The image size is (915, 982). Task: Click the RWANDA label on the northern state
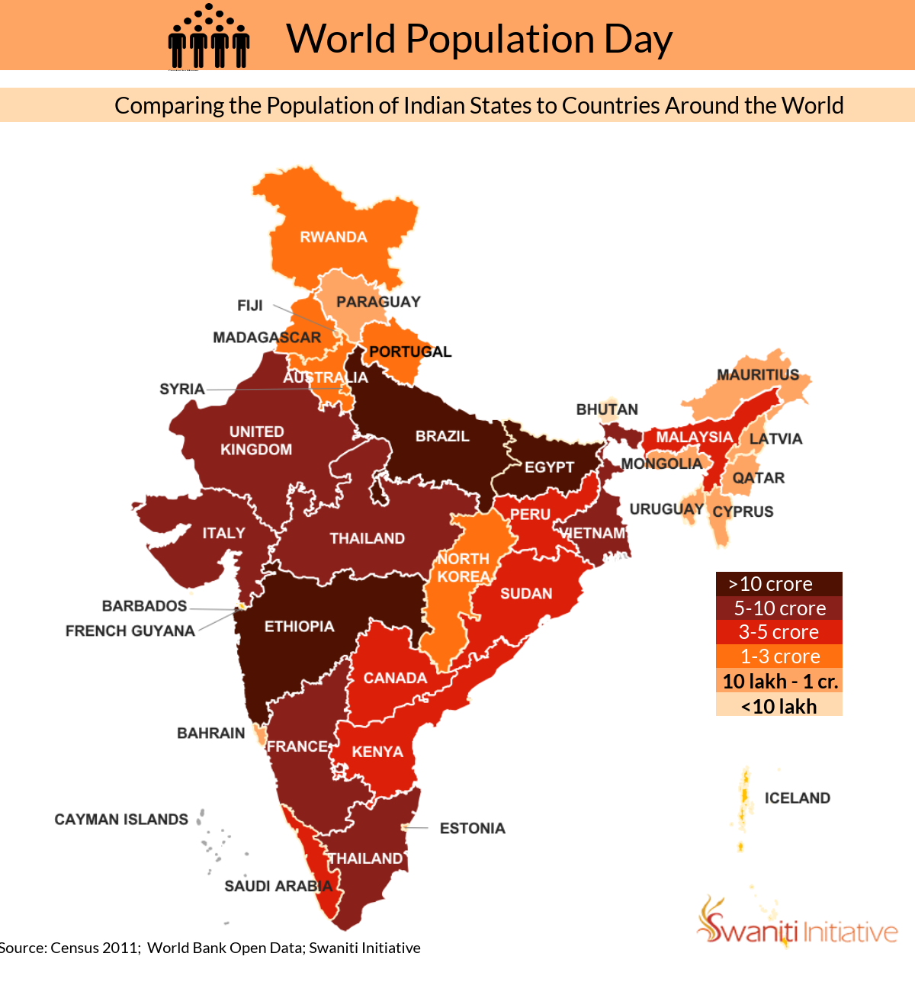pyautogui.click(x=333, y=237)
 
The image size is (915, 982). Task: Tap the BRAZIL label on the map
pyautogui.click(x=442, y=436)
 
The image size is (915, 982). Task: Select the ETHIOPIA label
pyautogui.click(x=299, y=627)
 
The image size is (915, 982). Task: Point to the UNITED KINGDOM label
pyautogui.click(x=256, y=441)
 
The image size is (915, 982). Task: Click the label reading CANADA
pyautogui.click(x=395, y=678)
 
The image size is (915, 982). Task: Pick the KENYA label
pyautogui.click(x=377, y=752)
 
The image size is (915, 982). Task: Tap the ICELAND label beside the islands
pyautogui.click(x=798, y=798)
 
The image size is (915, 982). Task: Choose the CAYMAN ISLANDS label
pyautogui.click(x=121, y=820)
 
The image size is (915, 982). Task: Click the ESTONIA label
pyautogui.click(x=472, y=828)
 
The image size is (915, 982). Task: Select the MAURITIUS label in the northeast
pyautogui.click(x=758, y=375)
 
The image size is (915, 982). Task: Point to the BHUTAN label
pyautogui.click(x=607, y=409)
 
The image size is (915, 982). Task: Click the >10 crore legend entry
pyautogui.click(x=779, y=584)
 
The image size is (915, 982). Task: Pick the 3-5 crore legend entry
pyautogui.click(x=779, y=632)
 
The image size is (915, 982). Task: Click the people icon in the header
pyautogui.click(x=208, y=36)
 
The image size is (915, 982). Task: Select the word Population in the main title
pyautogui.click(x=500, y=39)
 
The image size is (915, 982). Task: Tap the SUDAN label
pyautogui.click(x=526, y=593)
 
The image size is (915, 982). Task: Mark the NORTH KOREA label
pyautogui.click(x=464, y=568)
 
